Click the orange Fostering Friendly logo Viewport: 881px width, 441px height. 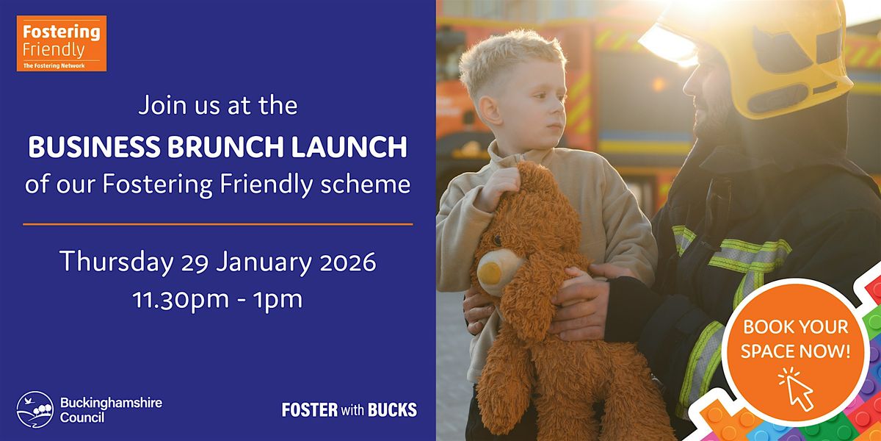coord(62,43)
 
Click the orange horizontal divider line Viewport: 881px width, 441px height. coord(217,223)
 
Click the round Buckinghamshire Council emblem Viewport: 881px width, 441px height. coord(35,409)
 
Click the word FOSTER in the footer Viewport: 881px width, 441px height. coord(310,409)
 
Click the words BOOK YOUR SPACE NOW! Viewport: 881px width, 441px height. coord(795,339)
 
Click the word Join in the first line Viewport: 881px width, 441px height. coord(160,106)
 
